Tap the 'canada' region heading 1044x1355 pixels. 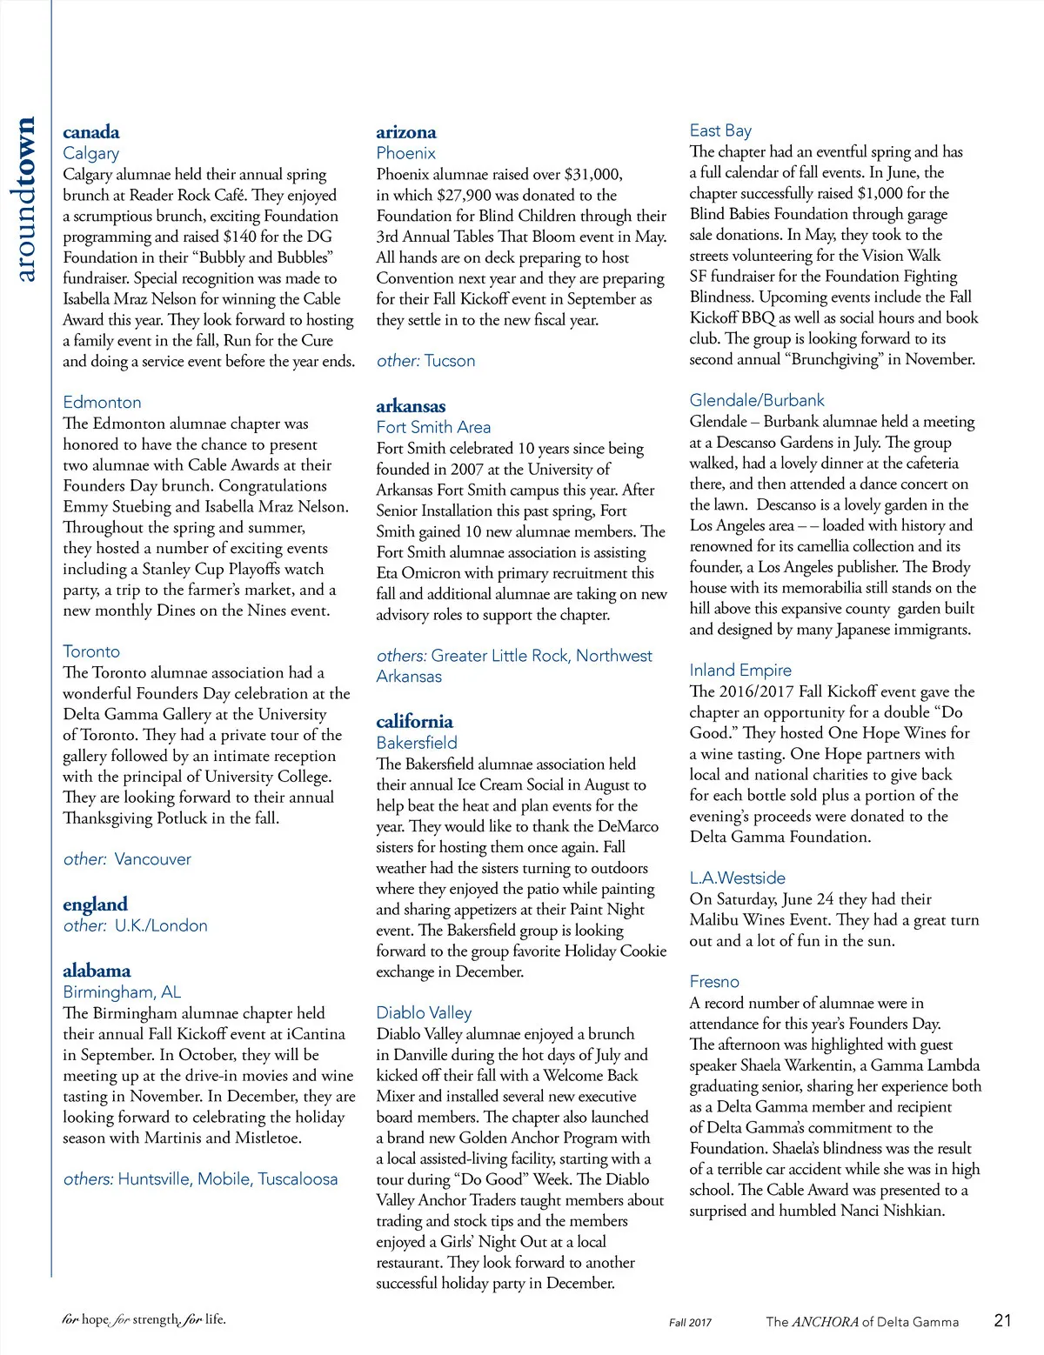(91, 132)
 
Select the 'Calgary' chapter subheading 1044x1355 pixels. (90, 153)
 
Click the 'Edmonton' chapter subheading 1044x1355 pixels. (102, 402)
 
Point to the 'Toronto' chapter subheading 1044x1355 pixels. (91, 651)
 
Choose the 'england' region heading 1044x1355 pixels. (95, 904)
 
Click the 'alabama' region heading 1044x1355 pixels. (97, 971)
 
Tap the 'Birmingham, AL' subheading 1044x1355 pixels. (122, 991)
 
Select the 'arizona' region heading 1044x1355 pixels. (406, 132)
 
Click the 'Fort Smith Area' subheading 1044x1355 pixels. (433, 427)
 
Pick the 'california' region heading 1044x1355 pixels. (414, 721)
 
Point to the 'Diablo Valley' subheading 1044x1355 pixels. (424, 1012)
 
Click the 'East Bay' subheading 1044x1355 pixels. (720, 130)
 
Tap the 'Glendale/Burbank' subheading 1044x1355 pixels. (757, 400)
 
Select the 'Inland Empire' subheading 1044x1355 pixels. (740, 670)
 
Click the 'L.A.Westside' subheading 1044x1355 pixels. (737, 878)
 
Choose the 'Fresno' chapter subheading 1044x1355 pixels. (714, 981)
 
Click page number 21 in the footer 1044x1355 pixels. (1002, 1320)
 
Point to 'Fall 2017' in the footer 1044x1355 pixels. (690, 1322)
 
